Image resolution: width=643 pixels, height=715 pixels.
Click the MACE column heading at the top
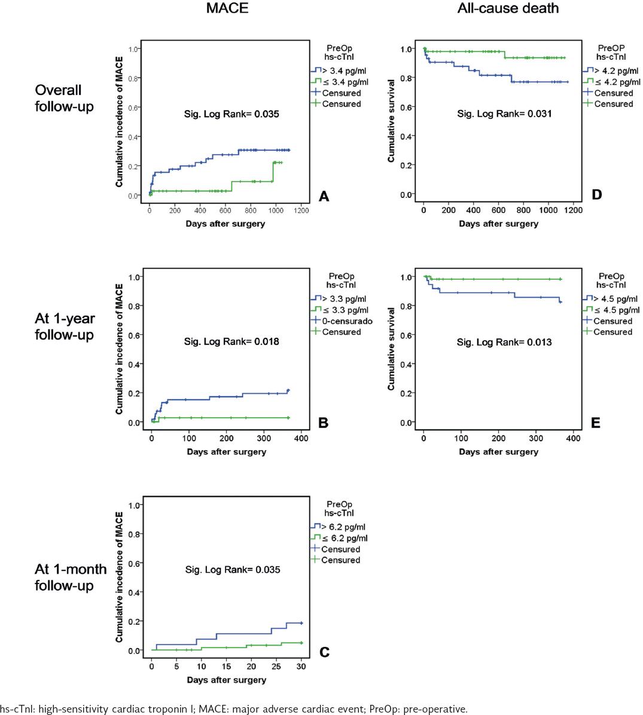[x=227, y=8]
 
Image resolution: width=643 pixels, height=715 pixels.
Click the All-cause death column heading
[x=508, y=8]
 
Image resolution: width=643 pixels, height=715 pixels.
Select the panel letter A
[x=324, y=196]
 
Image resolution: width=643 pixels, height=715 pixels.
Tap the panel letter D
[x=596, y=195]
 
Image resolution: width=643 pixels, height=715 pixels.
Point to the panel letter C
[x=324, y=652]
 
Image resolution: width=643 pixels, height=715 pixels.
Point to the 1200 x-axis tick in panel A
[x=301, y=210]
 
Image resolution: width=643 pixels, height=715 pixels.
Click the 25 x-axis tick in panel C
[x=276, y=667]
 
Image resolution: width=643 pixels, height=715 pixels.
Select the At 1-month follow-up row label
[x=71, y=577]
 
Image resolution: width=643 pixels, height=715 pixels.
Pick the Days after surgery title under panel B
[x=226, y=452]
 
